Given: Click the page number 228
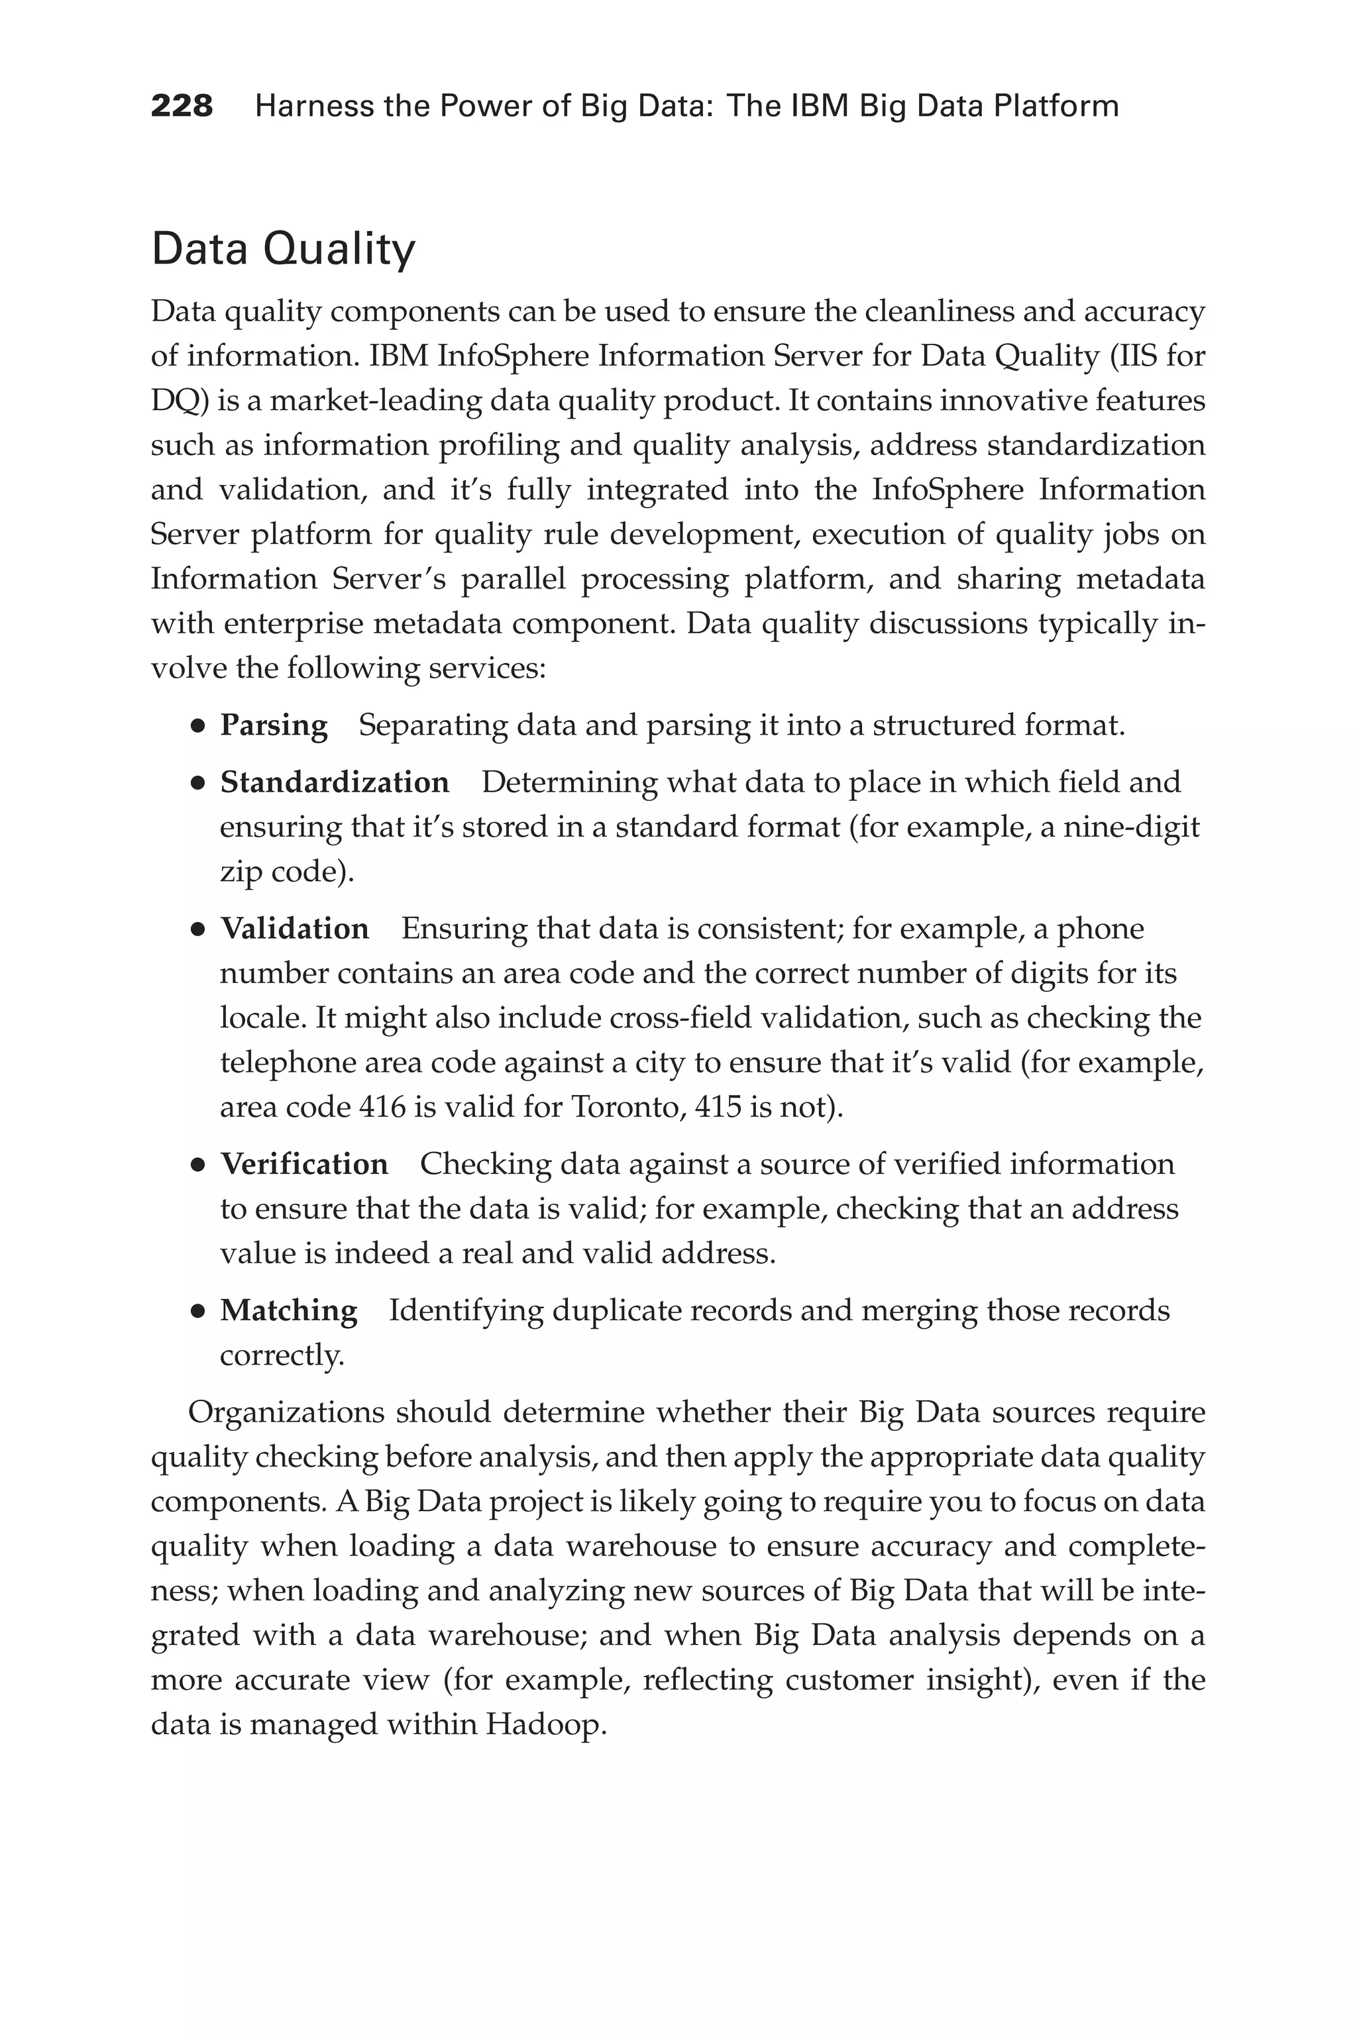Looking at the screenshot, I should tap(182, 107).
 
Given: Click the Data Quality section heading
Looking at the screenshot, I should tap(283, 249).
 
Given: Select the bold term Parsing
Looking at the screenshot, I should tap(274, 725).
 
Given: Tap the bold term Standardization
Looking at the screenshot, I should tap(334, 782).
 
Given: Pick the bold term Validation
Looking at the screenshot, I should tap(294, 928).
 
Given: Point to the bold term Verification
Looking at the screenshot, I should tap(303, 1164).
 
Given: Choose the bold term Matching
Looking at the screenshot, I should tap(288, 1311).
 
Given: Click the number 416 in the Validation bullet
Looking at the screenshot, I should tap(382, 1107).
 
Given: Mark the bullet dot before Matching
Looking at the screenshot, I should tap(198, 1312).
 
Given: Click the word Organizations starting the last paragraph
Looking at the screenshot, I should tap(286, 1412).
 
